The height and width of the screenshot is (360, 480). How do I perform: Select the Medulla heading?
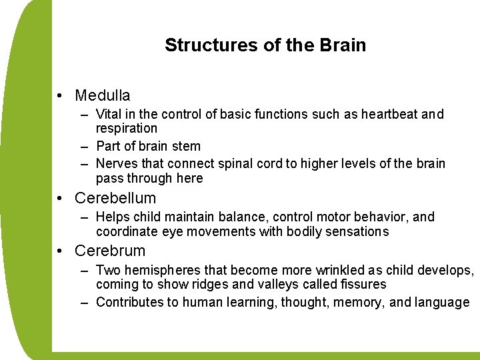coord(103,96)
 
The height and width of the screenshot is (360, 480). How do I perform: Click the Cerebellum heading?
coord(115,198)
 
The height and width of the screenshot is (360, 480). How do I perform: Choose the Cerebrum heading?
coord(110,251)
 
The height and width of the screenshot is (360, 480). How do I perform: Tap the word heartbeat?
coord(390,115)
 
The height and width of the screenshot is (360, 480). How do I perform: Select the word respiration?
coord(127,128)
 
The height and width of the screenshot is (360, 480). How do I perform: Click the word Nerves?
coord(117,163)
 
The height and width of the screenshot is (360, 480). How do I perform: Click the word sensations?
coord(355,231)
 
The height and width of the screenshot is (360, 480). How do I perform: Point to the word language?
coord(441,302)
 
